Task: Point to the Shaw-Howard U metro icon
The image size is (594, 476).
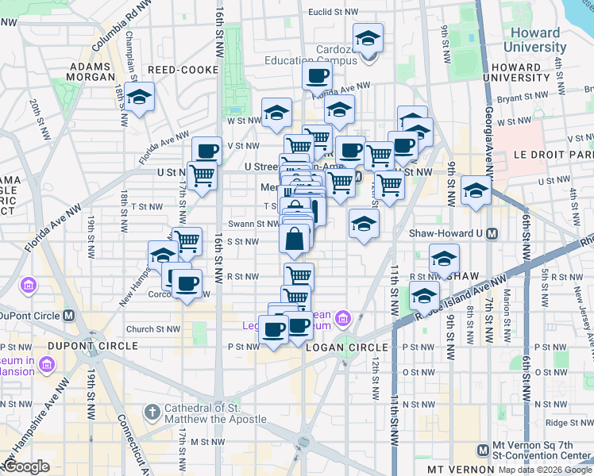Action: click(492, 233)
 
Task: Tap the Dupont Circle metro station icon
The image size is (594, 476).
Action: click(69, 315)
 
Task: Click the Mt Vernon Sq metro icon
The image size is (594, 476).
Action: click(482, 450)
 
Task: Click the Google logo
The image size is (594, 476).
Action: click(27, 466)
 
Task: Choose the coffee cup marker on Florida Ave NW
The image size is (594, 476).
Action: click(317, 77)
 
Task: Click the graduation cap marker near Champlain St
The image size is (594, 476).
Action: click(140, 98)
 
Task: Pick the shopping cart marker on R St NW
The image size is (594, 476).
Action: click(299, 276)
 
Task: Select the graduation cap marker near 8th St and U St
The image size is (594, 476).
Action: click(476, 190)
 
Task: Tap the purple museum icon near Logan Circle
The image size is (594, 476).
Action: click(342, 319)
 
